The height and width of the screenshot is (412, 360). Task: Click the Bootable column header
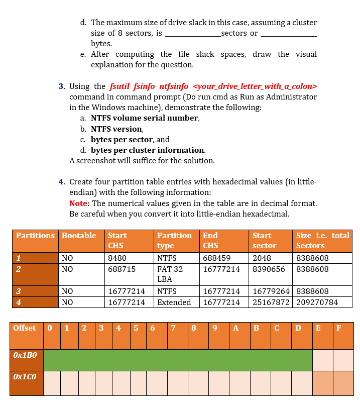point(79,236)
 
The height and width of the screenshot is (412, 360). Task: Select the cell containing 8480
point(117,258)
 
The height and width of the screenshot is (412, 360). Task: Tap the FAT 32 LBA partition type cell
point(170,274)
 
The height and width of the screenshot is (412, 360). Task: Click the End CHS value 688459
point(216,258)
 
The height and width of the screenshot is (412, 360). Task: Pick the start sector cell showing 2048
point(262,258)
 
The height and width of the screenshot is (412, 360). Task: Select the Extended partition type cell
point(174,302)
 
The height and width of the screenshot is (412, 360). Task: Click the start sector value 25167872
point(271,302)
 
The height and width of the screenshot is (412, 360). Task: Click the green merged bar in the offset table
point(178,360)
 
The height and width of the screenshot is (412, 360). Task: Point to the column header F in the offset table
point(338,328)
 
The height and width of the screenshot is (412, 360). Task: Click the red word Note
point(78,203)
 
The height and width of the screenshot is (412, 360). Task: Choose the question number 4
point(61,181)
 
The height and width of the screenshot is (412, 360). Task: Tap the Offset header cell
point(25,328)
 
